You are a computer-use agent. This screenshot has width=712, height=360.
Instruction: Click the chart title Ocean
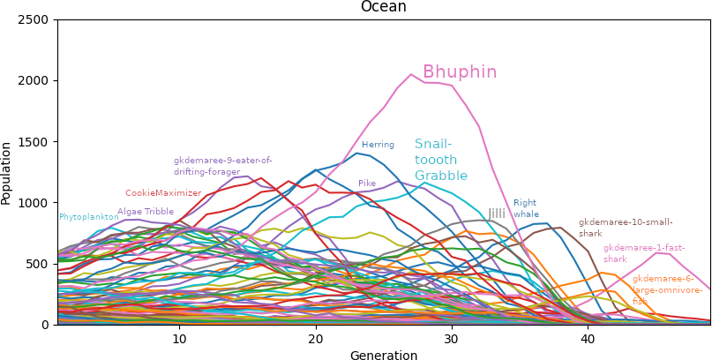pos(383,7)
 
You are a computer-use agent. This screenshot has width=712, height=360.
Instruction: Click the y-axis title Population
pos(7,172)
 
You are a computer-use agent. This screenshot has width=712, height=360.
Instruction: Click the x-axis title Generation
pos(383,356)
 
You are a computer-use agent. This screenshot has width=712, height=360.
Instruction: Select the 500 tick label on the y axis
pos(40,264)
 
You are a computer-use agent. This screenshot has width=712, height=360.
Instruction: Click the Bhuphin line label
pos(460,72)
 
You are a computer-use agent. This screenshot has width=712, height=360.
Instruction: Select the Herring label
pos(378,145)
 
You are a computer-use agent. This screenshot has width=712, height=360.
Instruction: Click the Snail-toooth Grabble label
pos(440,160)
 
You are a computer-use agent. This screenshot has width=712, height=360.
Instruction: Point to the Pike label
pos(367,184)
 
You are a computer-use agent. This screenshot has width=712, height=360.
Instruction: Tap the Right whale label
pos(525,208)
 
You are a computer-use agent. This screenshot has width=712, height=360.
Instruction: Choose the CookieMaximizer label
pos(163,193)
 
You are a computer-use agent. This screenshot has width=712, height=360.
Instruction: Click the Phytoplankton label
pos(88,217)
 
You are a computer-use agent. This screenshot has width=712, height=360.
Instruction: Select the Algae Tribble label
pos(146,212)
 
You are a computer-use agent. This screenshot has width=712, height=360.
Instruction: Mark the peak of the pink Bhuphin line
pos(411,74)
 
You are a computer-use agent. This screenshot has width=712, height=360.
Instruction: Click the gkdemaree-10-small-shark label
pos(626,228)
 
